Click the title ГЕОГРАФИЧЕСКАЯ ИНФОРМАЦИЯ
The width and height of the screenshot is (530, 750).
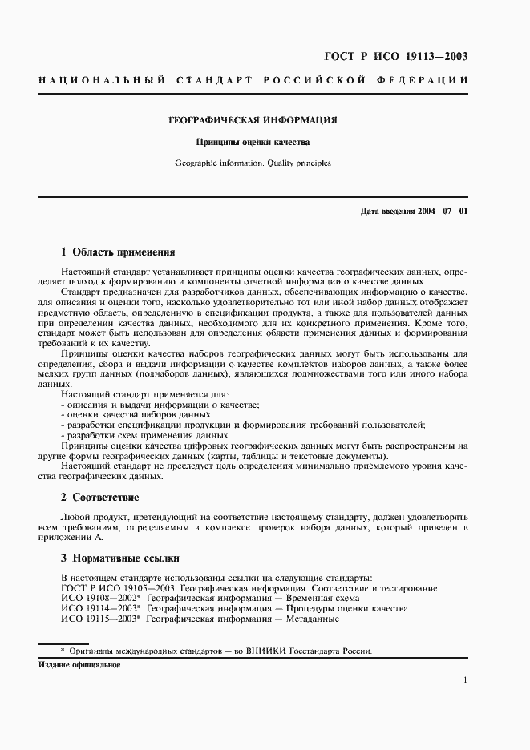point(252,120)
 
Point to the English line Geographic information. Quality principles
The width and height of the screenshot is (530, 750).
point(253,163)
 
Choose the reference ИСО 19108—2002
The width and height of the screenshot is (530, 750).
point(99,599)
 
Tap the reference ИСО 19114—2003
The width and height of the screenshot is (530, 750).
point(99,609)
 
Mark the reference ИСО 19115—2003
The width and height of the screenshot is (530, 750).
point(99,619)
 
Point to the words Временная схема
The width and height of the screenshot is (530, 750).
point(320,599)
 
